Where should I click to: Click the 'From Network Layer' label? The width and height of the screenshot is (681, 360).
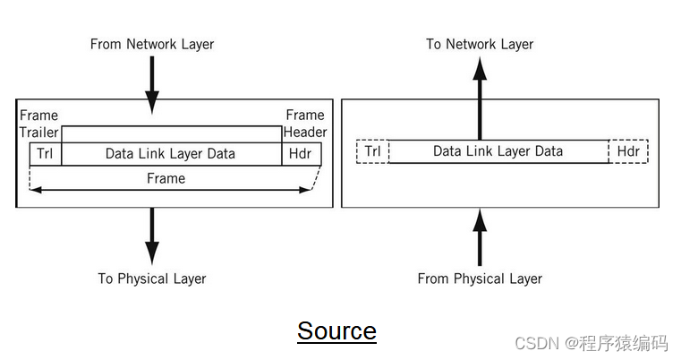tap(152, 44)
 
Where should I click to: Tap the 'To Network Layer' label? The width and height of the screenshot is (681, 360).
tap(480, 44)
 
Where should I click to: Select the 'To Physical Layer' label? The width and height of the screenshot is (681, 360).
tap(152, 279)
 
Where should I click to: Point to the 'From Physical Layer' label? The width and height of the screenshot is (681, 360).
tap(480, 279)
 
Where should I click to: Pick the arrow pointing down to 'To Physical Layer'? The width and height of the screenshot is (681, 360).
tap(152, 236)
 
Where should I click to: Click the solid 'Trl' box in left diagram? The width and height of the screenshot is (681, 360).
tap(45, 154)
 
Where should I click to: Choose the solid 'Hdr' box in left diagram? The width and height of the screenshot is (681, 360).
tap(301, 154)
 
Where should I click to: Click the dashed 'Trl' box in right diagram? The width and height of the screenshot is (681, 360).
tap(372, 151)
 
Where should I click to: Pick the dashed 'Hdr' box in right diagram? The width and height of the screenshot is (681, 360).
tap(628, 151)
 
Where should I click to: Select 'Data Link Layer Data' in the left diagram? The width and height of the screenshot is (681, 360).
tap(170, 154)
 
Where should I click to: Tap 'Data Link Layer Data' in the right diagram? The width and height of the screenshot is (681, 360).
tap(498, 151)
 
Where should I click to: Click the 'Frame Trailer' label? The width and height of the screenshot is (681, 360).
tap(38, 124)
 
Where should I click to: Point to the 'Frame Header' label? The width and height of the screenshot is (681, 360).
tap(305, 124)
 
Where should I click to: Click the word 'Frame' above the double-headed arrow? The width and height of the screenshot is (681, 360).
tap(166, 178)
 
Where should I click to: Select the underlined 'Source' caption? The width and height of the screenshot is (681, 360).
tap(336, 331)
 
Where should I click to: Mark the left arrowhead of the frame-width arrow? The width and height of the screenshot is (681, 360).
tap(36, 189)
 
